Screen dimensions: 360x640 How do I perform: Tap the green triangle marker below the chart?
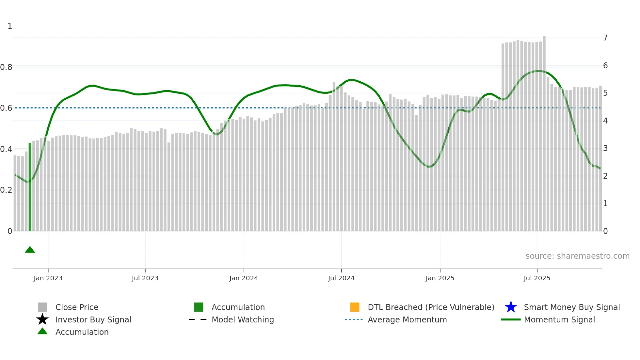tap(30, 250)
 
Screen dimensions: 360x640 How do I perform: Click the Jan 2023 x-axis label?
tap(48, 278)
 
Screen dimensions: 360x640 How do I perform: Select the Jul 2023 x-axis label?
tap(145, 278)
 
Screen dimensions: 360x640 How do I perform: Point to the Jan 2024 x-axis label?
tap(244, 278)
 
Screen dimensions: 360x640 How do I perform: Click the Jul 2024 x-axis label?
tap(341, 278)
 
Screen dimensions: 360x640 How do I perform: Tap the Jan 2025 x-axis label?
tap(440, 278)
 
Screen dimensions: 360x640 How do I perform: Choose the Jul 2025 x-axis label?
tap(537, 278)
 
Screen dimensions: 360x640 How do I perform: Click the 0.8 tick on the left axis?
tap(6, 67)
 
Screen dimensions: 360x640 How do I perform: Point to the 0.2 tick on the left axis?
tap(6, 190)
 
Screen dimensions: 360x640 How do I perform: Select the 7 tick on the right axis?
tap(605, 38)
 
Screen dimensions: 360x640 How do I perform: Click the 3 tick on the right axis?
tap(605, 148)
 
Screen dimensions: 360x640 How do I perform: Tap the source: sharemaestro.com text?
tap(577, 256)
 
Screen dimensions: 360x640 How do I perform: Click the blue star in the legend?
tap(511, 307)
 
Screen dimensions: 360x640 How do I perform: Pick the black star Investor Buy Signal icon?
tap(42, 319)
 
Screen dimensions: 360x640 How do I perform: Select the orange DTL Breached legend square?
tap(355, 307)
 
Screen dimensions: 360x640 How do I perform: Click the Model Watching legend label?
tap(243, 319)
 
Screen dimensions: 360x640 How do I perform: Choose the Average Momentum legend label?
tap(407, 319)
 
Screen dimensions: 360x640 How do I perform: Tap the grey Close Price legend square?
tap(42, 307)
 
